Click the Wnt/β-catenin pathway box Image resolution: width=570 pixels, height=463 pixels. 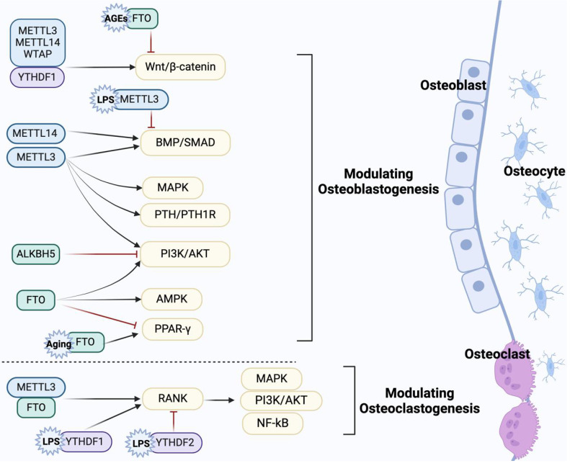[x=180, y=67]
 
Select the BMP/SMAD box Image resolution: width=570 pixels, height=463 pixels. [x=185, y=143]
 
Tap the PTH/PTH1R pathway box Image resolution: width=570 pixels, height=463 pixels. [x=185, y=215]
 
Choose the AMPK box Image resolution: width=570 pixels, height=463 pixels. [x=172, y=300]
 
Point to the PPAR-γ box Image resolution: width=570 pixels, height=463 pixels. [x=172, y=329]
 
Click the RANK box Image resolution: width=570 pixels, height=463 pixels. [x=173, y=399]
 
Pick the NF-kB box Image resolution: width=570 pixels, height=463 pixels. [x=272, y=423]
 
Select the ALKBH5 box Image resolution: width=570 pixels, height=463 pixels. [x=35, y=253]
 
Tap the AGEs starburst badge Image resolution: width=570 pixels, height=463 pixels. [x=115, y=19]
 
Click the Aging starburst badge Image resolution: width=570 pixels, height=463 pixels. [x=59, y=343]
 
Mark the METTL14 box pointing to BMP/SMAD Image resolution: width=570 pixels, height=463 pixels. [x=36, y=133]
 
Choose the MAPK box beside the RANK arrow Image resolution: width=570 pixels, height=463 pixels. [x=272, y=379]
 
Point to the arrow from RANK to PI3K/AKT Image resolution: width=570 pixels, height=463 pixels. [x=221, y=400]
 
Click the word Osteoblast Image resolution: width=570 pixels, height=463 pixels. [x=453, y=86]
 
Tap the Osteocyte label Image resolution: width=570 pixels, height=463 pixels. [x=535, y=171]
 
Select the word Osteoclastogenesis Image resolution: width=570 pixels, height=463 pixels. [x=419, y=408]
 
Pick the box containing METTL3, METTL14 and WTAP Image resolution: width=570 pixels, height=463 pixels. [x=37, y=43]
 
